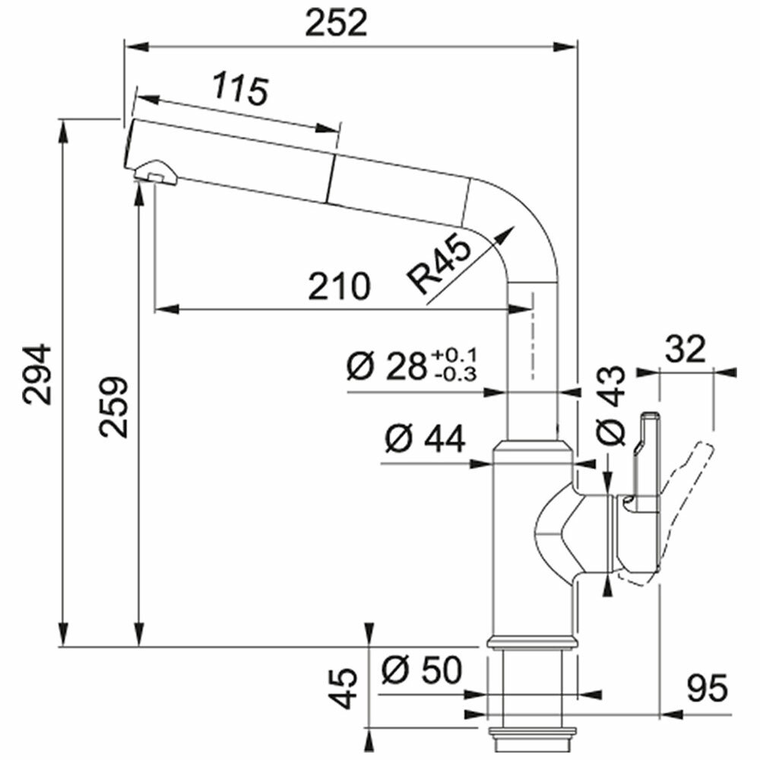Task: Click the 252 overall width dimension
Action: tap(336, 24)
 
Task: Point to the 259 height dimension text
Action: tap(115, 406)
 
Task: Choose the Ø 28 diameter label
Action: tap(386, 366)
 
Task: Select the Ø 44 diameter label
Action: tap(423, 439)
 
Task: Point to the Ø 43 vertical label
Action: tap(611, 406)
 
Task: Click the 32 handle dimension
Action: tap(686, 350)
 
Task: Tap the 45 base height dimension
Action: tap(347, 689)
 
